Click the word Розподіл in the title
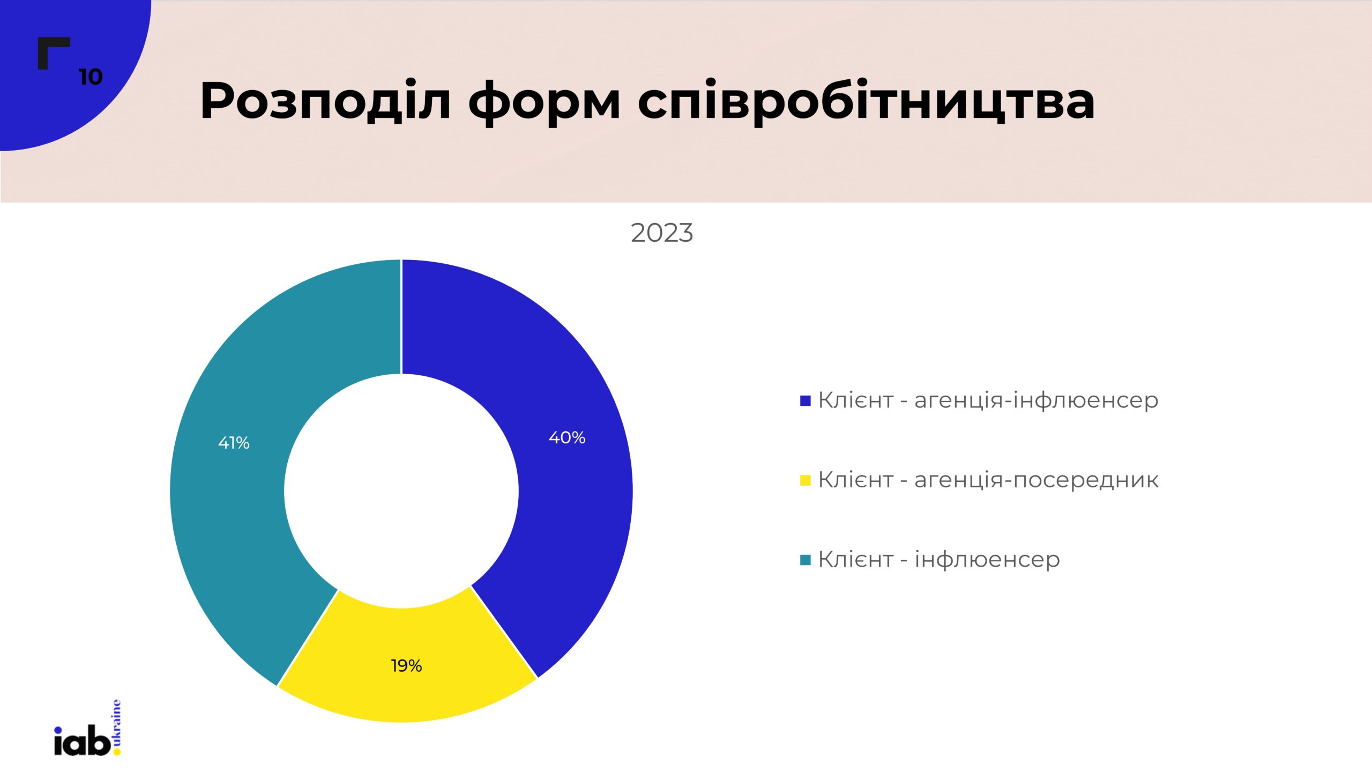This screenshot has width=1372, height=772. click(x=325, y=100)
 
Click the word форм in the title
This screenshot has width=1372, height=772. click(x=544, y=103)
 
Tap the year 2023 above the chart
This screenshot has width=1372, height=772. click(x=662, y=233)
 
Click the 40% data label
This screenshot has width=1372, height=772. click(x=567, y=438)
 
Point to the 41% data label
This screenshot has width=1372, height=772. click(x=234, y=443)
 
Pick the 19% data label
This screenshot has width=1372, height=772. click(x=406, y=666)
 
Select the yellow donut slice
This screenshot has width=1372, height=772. click(x=407, y=662)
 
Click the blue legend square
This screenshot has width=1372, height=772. click(x=805, y=401)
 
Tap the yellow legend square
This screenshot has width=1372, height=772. click(x=805, y=480)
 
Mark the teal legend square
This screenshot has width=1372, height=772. click(x=805, y=560)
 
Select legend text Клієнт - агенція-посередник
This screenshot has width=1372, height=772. click(x=988, y=480)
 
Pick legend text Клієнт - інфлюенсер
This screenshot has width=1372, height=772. click(x=939, y=560)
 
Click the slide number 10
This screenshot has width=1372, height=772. click(x=91, y=77)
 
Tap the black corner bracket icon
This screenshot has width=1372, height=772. click(x=54, y=53)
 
